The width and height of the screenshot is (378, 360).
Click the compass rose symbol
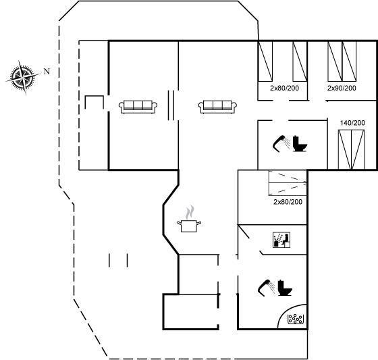(x=24, y=78)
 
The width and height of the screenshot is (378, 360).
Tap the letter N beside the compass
(x=47, y=72)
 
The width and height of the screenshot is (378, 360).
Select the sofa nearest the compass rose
(x=138, y=107)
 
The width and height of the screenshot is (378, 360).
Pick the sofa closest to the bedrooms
(x=217, y=107)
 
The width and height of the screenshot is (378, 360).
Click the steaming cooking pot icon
(x=189, y=220)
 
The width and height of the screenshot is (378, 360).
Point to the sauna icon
(x=281, y=240)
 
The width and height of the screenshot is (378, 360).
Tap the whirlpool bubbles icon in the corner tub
(x=296, y=319)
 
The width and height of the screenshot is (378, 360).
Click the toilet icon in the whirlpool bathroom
(x=285, y=288)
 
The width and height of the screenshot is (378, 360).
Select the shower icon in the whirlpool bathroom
(x=267, y=287)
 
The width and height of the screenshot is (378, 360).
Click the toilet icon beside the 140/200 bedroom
(x=300, y=144)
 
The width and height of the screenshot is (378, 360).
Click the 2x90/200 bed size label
(x=342, y=88)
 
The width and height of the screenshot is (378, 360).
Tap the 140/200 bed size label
(x=352, y=123)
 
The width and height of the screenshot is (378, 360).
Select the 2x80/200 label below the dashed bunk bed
(x=288, y=202)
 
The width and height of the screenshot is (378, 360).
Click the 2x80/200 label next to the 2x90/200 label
(x=284, y=88)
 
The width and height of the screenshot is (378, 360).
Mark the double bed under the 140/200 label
(x=351, y=149)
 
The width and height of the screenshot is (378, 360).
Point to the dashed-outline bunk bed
(x=288, y=183)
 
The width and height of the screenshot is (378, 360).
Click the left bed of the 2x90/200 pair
(x=335, y=61)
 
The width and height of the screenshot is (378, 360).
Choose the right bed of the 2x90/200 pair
(x=349, y=61)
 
